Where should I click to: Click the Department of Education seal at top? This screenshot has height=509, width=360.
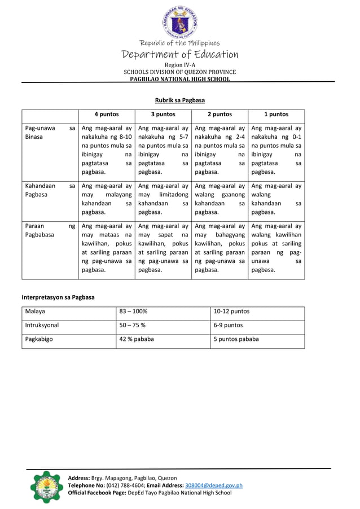coord(180,20)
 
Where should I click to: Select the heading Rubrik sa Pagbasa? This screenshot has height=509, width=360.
coord(180,100)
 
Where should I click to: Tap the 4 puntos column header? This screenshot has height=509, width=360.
coord(106,114)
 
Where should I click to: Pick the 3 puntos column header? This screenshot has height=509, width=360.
coord(163,114)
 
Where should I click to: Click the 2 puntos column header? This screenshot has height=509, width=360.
coord(219,114)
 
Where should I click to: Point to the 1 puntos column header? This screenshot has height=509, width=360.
coord(276,114)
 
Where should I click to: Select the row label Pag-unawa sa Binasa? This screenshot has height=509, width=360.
coord(50,133)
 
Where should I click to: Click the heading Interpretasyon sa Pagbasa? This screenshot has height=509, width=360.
coord(58,297)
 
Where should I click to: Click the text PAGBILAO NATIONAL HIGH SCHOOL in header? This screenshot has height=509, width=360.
coord(180,80)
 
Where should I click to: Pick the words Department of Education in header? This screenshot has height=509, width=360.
coord(180,55)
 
